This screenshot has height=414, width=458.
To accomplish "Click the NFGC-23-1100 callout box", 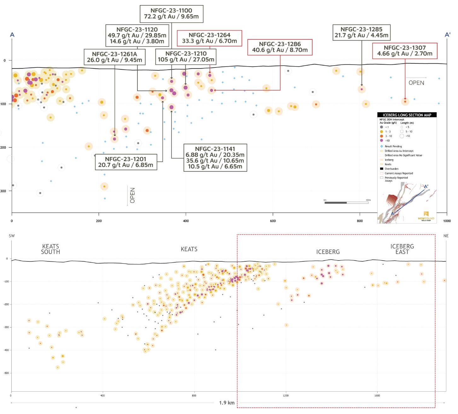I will point(171,14).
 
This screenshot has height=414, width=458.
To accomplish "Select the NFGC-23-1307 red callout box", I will point(405,51).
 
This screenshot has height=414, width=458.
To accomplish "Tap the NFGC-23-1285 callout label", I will point(361,32).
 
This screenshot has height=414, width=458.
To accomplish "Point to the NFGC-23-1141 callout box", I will point(215,158).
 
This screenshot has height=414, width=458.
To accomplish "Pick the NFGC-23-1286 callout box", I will point(280,47).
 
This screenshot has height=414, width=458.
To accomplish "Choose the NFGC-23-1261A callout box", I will point(114,57).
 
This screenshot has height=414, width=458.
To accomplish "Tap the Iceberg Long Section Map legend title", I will point(407,115).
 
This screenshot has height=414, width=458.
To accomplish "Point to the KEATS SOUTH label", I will point(50,249).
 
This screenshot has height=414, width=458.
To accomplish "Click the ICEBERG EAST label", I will point(402,249).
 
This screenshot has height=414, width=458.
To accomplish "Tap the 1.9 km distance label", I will point(227,403).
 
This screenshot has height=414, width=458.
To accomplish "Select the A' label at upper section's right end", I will point(447,35).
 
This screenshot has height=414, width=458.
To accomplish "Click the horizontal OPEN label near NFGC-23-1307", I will point(416,83).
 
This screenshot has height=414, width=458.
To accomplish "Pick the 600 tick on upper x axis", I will point(273,221).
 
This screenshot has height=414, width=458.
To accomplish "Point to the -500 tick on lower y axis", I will point(6,373).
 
